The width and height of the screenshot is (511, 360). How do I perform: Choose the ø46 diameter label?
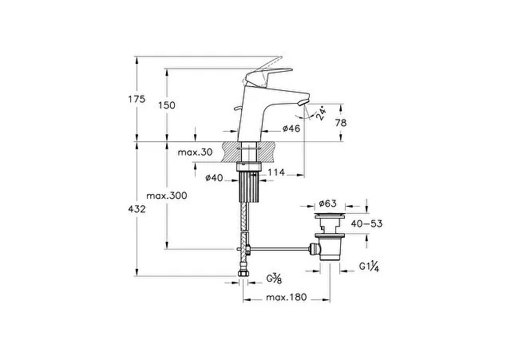pos(290,129)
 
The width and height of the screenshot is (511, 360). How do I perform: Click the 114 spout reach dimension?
pos(277,173)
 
